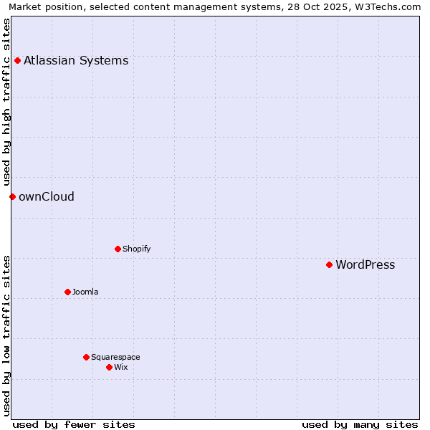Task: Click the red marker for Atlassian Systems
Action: coord(17,60)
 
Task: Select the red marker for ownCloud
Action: coord(12,196)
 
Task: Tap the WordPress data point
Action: coord(329,264)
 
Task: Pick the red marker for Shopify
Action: coord(118,249)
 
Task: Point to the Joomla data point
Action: coord(67,292)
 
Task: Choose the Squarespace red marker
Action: coord(86,357)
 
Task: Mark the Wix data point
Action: coord(109,367)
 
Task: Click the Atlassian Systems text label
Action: coord(76,60)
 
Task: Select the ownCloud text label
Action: coord(47,196)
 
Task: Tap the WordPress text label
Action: coord(365,264)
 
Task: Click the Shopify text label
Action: coord(136,249)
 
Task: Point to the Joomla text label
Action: coord(85,292)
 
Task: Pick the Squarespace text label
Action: coord(115,357)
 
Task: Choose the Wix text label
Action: coord(120,367)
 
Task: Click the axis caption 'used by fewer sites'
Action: coord(74,424)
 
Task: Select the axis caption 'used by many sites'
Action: coord(360,424)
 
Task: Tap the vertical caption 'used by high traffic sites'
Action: coord(7,102)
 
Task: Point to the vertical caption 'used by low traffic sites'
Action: coord(7,335)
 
